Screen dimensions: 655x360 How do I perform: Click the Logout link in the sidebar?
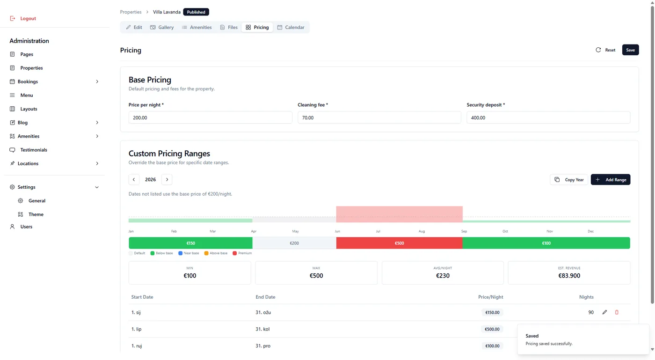pos(23,18)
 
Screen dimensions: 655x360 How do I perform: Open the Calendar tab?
pos(291,27)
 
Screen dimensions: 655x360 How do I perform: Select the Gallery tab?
pos(162,27)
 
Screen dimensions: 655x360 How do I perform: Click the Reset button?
pos(605,50)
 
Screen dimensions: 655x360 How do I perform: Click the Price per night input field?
pos(210,118)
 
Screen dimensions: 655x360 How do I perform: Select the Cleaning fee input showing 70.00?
pos(379,118)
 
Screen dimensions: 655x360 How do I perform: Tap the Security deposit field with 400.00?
pos(548,118)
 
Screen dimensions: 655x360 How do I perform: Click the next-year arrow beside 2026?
pos(167,180)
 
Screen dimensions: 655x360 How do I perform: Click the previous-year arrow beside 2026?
pos(134,180)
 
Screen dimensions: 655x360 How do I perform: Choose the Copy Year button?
pos(569,180)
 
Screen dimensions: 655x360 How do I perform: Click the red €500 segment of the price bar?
pos(400,243)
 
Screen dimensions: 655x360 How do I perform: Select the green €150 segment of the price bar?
pos(191,243)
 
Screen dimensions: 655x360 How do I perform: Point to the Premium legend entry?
pos(242,253)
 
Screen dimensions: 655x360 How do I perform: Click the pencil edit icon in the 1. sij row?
pos(604,312)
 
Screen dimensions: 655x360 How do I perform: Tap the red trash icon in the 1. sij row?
pos(617,312)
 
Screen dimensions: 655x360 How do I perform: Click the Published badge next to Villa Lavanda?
pos(196,12)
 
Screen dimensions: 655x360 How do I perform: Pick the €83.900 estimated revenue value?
pos(569,276)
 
